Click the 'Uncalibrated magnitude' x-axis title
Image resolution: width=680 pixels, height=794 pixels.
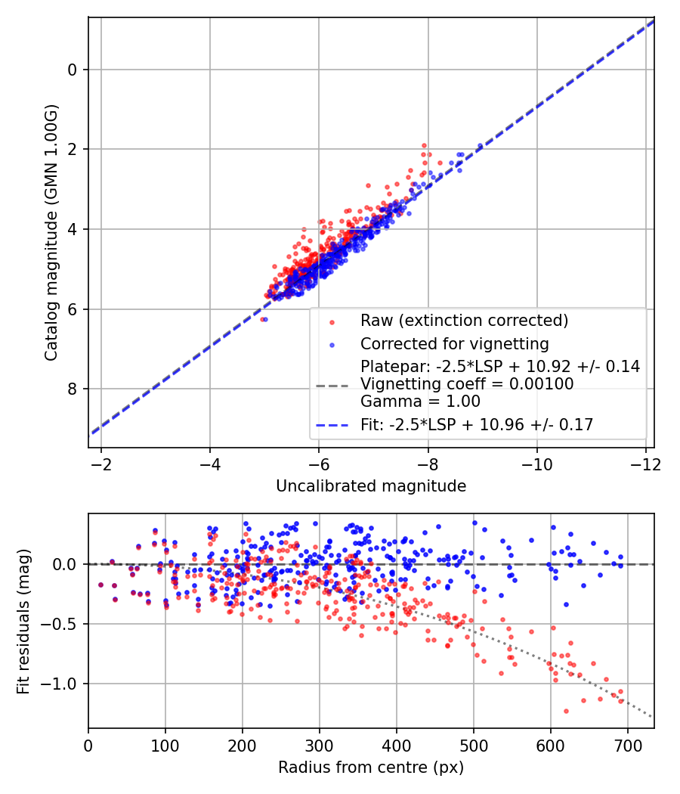pyautogui.click(x=371, y=486)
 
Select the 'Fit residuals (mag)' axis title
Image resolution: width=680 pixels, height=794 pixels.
pyautogui.click(x=23, y=620)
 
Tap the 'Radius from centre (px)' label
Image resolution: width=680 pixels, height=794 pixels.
pyautogui.click(x=371, y=768)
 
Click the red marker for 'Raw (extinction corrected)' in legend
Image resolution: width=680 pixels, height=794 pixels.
pyautogui.click(x=330, y=321)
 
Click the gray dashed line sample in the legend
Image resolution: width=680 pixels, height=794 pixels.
pyautogui.click(x=330, y=385)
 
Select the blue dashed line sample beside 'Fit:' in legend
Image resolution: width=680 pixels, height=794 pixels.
pyautogui.click(x=330, y=426)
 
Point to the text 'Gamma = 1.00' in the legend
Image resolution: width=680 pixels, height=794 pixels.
pyautogui.click(x=420, y=402)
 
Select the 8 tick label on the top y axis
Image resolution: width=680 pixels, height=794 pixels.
pyautogui.click(x=73, y=389)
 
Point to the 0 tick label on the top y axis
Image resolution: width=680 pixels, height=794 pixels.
pyautogui.click(x=73, y=70)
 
